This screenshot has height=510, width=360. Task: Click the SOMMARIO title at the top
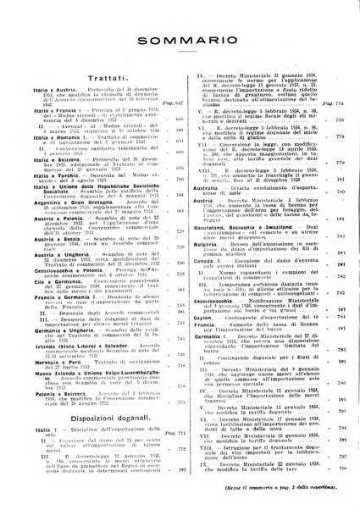[180, 40]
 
